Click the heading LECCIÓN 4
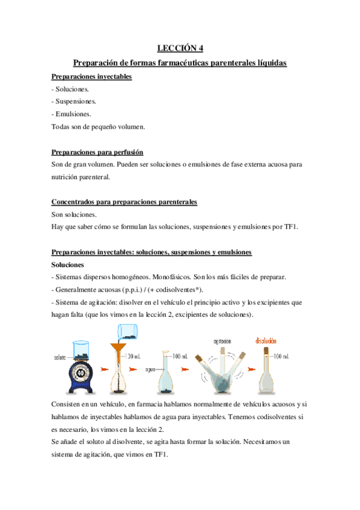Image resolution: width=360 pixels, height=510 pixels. pos(180,49)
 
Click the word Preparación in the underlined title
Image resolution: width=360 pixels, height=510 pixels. pos(98,63)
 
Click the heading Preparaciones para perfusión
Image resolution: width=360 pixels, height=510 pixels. pos(97,153)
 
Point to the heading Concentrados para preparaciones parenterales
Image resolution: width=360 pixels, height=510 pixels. pos(124,202)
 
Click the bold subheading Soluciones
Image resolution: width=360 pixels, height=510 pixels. pos(68,265)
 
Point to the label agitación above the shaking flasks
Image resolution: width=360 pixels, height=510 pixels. pos(222,341)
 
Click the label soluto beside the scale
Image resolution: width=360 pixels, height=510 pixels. pos(59,358)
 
